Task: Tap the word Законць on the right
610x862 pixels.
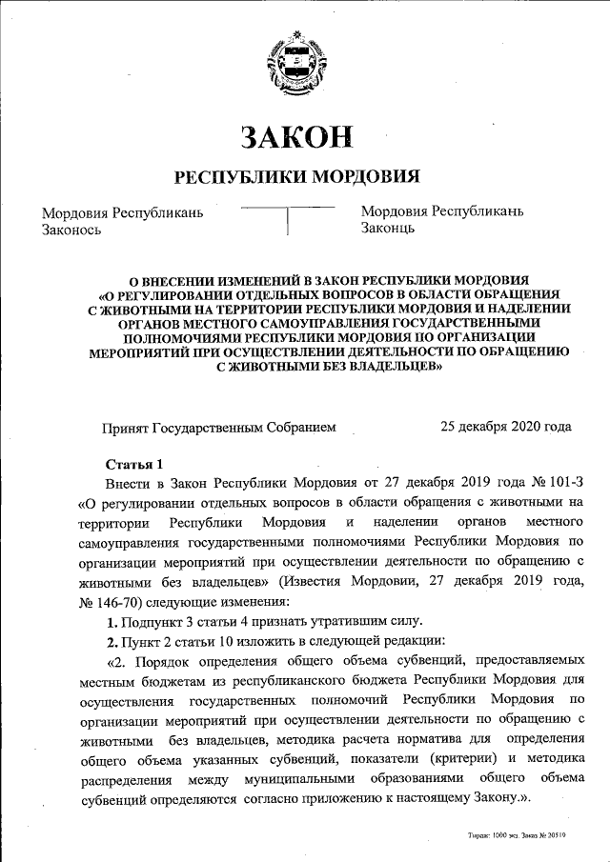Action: point(387,229)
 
